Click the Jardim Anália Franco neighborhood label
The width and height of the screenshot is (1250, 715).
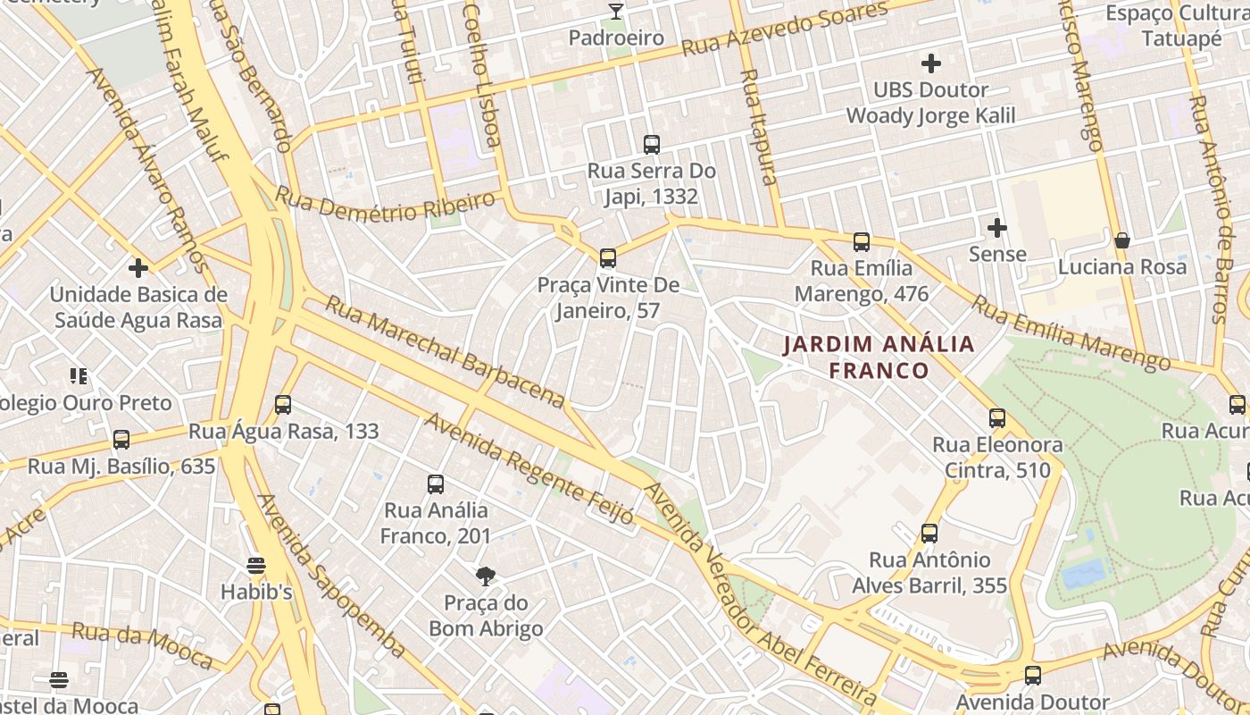[879, 357]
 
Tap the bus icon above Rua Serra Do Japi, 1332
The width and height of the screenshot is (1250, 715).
[652, 144]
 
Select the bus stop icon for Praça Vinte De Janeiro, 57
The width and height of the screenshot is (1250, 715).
[608, 258]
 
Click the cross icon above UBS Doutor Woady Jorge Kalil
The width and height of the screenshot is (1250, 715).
[931, 63]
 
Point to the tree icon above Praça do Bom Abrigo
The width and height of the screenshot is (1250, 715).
[486, 576]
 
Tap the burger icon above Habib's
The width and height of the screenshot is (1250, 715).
[256, 565]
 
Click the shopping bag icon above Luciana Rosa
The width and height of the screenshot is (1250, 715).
[1122, 240]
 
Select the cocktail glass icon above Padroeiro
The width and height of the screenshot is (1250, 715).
[615, 11]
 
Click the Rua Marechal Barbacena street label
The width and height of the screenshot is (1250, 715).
[444, 349]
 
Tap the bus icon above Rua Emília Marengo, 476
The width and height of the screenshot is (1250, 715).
[862, 241]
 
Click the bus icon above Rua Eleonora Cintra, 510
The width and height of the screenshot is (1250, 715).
[997, 417]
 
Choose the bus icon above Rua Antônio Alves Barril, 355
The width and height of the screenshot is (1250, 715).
[929, 534]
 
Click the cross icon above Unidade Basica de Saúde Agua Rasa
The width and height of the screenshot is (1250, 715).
[138, 267]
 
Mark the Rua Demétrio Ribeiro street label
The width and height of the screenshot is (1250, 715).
[384, 206]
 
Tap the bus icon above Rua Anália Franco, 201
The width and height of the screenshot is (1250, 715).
[436, 484]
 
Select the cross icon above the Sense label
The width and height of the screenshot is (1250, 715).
[997, 228]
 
